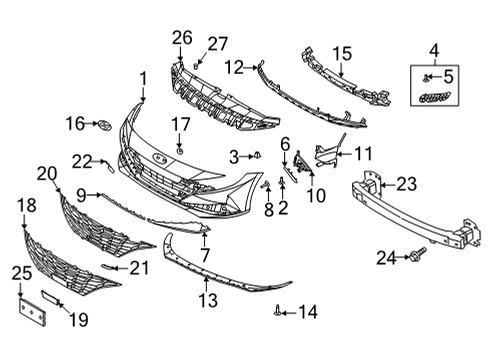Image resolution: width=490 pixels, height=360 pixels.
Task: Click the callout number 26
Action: click(x=182, y=38)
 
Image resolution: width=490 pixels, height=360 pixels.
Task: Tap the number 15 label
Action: click(x=342, y=54)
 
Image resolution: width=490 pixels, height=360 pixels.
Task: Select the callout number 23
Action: click(x=406, y=184)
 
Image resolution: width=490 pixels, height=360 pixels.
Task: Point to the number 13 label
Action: click(x=208, y=300)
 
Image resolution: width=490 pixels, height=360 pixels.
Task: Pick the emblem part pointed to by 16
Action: click(x=105, y=125)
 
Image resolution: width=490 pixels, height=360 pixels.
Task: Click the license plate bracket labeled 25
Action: click(x=32, y=312)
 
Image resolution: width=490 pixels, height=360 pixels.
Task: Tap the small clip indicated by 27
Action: click(x=196, y=66)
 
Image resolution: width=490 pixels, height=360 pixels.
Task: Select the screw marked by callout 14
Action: click(x=277, y=312)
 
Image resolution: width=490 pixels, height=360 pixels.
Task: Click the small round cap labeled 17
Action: click(x=180, y=151)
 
